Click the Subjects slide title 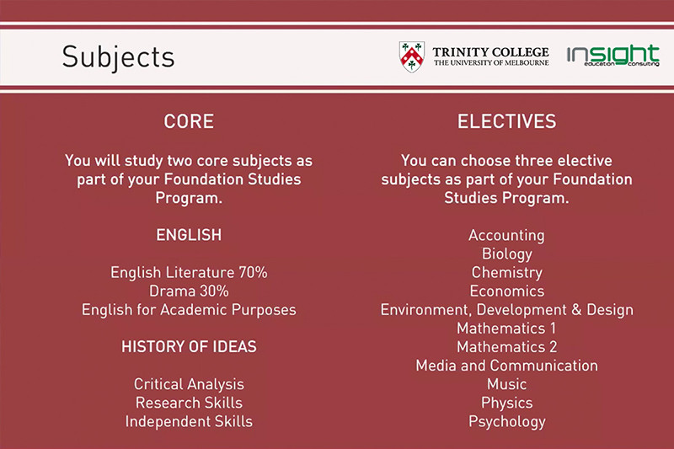[x=118, y=58]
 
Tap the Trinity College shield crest [x=412, y=56]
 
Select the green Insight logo [x=613, y=55]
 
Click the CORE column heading [x=189, y=121]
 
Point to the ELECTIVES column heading [x=507, y=121]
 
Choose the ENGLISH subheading [x=189, y=235]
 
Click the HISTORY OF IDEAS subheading [x=189, y=347]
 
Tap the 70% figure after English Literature [x=254, y=272]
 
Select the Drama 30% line [x=189, y=291]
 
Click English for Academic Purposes [x=189, y=310]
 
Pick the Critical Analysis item [x=189, y=384]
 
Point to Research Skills [x=189, y=403]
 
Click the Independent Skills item [x=189, y=422]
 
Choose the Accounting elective [x=507, y=236]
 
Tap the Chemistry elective [x=507, y=273]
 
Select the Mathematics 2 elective [x=507, y=347]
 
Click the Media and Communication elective [x=507, y=366]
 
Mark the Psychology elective [x=507, y=422]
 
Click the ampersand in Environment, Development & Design [x=576, y=310]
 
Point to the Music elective [x=507, y=384]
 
